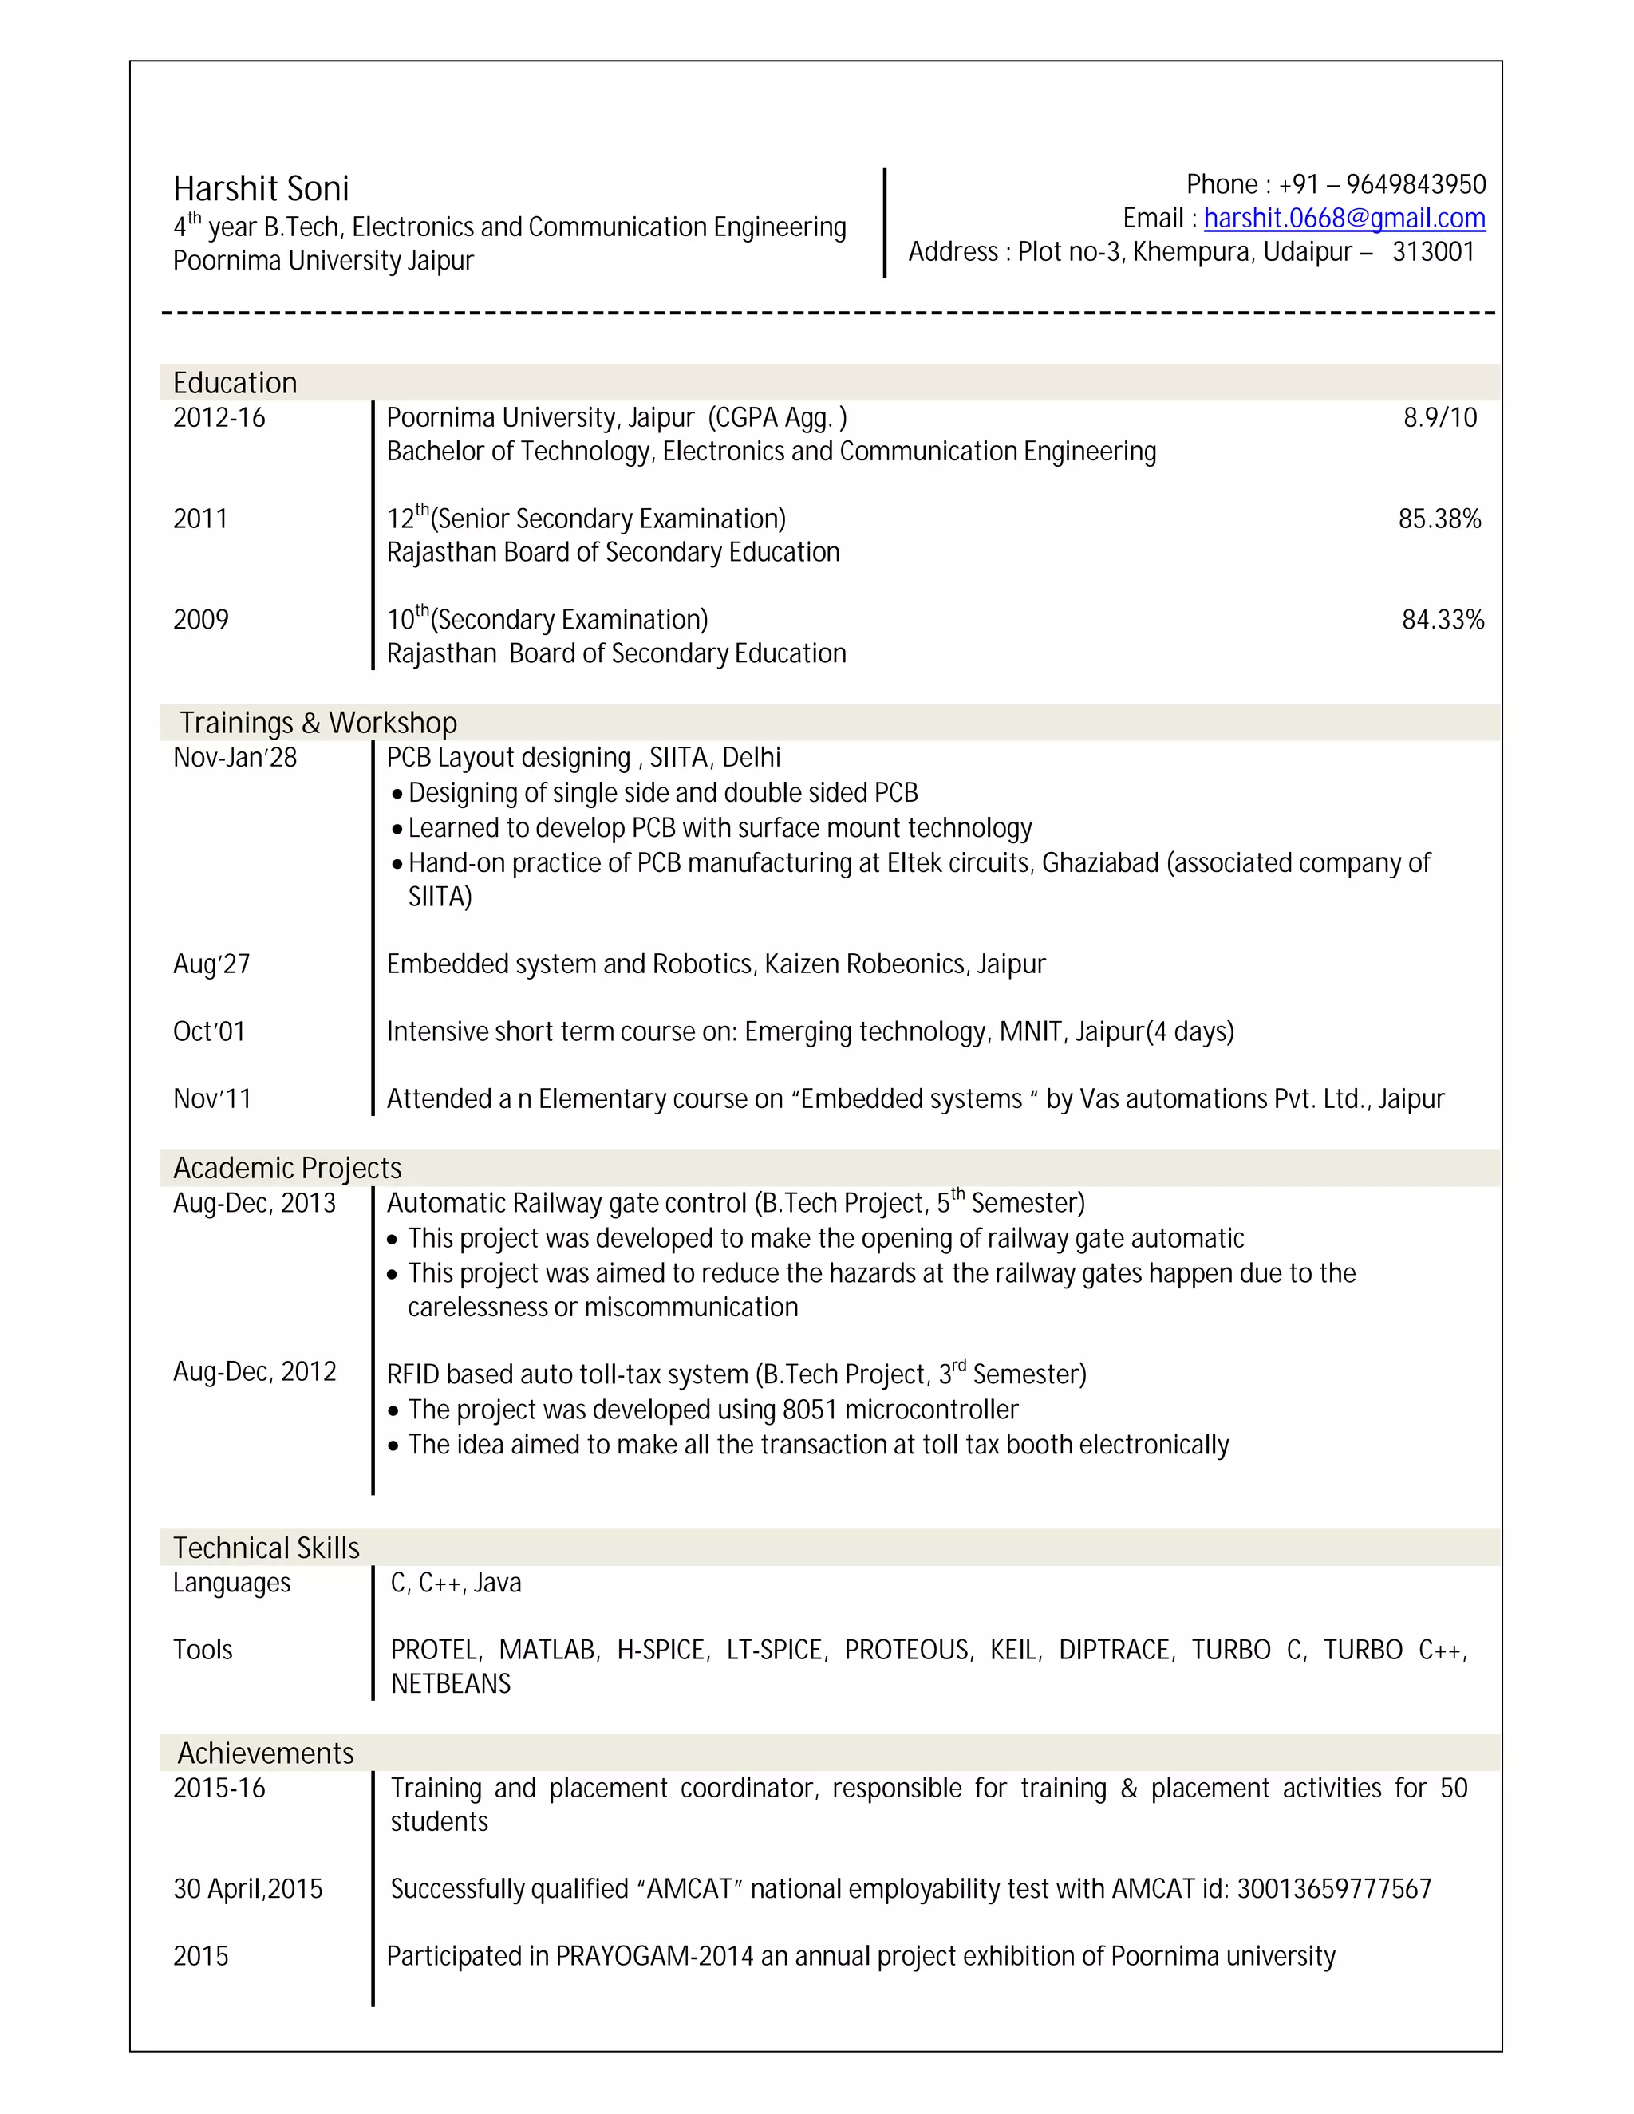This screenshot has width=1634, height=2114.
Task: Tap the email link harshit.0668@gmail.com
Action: [1344, 219]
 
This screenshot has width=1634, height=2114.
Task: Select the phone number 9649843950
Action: [1415, 185]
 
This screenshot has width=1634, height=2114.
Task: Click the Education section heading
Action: [235, 383]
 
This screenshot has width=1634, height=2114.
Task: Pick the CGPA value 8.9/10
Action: [1439, 418]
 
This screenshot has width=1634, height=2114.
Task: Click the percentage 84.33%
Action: [1443, 620]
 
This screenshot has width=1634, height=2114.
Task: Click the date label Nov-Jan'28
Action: [235, 758]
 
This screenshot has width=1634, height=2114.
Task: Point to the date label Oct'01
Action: [208, 1031]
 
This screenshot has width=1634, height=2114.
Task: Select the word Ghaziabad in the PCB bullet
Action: [1099, 863]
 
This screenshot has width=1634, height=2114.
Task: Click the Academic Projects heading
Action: [286, 1169]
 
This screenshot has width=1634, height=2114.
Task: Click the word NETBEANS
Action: [450, 1684]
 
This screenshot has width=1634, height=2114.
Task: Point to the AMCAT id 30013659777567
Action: [1333, 1888]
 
